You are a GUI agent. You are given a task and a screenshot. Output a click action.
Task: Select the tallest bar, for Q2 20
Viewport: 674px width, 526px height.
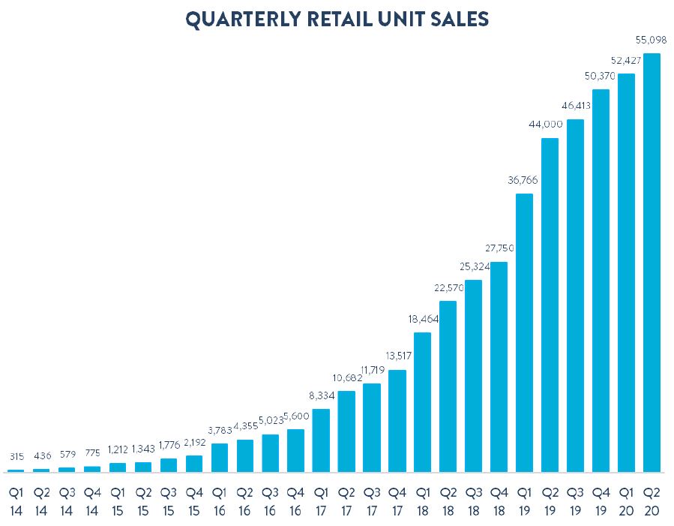click(652, 263)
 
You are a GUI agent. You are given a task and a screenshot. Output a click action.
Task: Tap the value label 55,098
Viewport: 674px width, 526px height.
click(651, 40)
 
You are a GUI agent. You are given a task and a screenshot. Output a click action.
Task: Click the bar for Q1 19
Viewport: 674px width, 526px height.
click(524, 333)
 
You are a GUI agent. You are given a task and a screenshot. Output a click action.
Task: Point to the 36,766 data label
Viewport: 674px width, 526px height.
click(523, 180)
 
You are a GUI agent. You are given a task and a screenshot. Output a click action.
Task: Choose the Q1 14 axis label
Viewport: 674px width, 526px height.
click(16, 501)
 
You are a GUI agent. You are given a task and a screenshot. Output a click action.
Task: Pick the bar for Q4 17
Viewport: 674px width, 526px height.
click(397, 421)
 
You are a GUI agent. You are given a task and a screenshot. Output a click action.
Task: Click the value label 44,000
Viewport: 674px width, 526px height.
click(546, 125)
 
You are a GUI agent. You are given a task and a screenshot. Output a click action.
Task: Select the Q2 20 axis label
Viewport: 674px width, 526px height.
click(652, 501)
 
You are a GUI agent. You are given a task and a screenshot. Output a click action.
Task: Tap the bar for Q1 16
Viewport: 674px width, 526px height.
click(220, 458)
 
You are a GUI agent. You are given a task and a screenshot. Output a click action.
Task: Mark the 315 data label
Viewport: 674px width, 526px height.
click(16, 456)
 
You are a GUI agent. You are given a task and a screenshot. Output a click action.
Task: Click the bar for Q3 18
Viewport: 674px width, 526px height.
click(474, 377)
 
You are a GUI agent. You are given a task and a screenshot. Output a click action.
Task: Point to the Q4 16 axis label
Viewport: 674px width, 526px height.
click(295, 501)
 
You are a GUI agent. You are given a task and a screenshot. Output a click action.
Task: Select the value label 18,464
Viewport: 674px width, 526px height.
click(424, 319)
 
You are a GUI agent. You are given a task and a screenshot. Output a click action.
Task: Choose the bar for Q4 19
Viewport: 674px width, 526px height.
click(601, 281)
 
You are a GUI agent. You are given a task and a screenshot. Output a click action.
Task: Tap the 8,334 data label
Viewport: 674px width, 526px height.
click(322, 395)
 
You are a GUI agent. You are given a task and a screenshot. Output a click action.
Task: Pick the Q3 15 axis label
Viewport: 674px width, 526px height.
click(169, 501)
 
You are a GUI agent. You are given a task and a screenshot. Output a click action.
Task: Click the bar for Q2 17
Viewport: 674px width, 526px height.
click(346, 431)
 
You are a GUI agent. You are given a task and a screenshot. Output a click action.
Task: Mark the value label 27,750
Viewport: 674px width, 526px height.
click(499, 248)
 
